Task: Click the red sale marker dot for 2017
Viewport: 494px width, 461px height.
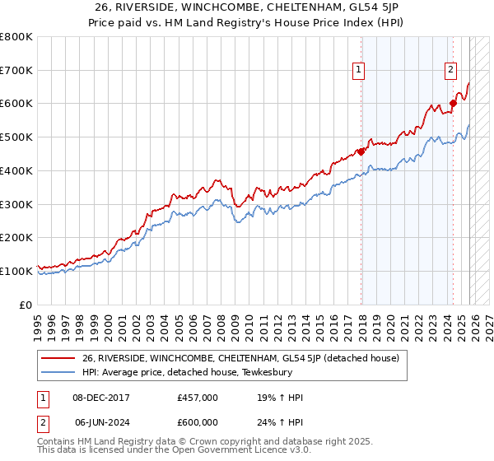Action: [x=361, y=151]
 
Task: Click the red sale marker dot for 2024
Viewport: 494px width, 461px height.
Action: [x=452, y=104]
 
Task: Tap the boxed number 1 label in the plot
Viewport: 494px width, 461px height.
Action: [x=360, y=71]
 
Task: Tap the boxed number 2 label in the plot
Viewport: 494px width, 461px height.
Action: [x=451, y=71]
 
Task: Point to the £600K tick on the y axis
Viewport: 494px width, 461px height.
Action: [x=16, y=104]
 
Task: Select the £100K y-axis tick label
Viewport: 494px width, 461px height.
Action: [x=16, y=271]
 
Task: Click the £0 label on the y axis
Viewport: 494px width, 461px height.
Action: [x=26, y=305]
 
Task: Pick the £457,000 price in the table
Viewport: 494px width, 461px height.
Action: [x=197, y=398]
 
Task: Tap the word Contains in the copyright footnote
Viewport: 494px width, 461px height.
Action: [x=56, y=442]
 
